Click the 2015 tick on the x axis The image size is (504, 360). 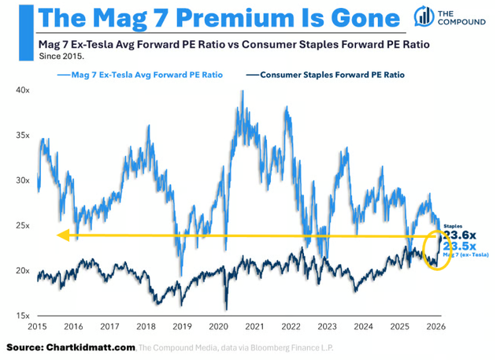[37, 326]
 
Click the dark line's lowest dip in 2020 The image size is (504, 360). [225, 309]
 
